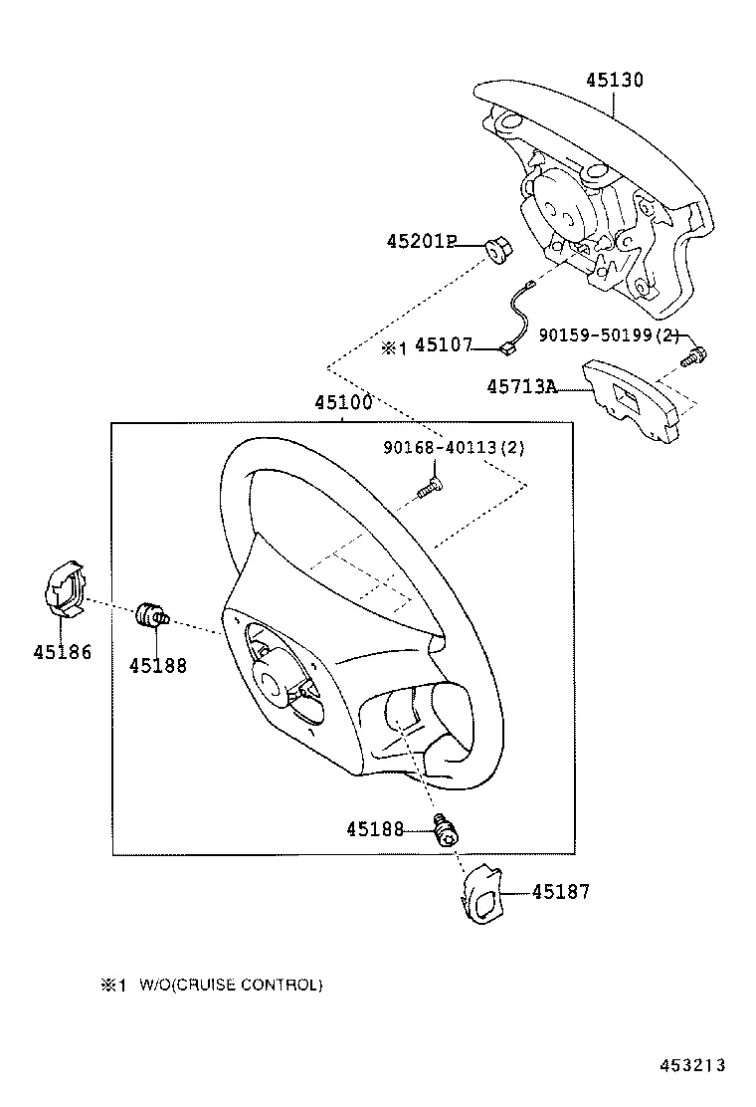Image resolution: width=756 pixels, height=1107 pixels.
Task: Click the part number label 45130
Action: [x=615, y=80]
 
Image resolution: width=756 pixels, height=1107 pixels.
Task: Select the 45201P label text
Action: [x=421, y=242]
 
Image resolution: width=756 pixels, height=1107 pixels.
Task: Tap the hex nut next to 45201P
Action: [x=498, y=251]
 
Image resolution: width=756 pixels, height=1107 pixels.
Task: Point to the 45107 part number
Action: [x=443, y=345]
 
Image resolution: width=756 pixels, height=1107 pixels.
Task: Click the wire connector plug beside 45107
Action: [x=505, y=347]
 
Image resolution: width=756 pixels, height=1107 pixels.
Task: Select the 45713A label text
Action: [x=521, y=387]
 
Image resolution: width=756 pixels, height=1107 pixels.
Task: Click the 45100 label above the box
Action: [x=343, y=403]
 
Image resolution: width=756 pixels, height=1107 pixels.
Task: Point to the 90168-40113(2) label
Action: [x=454, y=448]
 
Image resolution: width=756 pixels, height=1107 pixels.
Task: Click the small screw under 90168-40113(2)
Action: [x=429, y=488]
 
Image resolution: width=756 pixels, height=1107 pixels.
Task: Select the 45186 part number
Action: [x=62, y=652]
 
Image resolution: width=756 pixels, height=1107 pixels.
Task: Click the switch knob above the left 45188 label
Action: [x=151, y=615]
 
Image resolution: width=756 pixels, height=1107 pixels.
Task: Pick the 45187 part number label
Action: [x=561, y=892]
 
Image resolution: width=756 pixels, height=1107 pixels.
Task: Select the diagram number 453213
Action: [x=692, y=1065]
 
